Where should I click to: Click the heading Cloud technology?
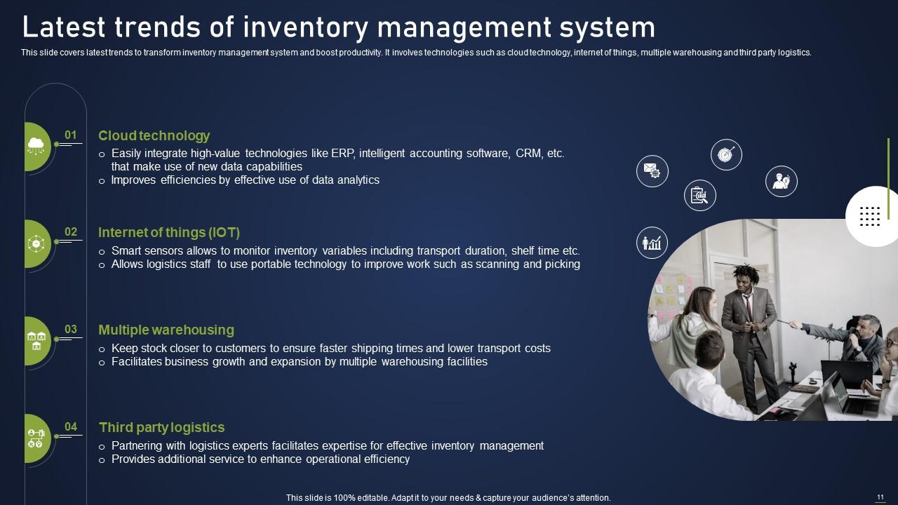tap(154, 136)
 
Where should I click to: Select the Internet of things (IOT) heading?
tap(169, 232)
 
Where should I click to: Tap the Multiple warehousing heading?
tap(166, 330)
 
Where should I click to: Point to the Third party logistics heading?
tap(161, 428)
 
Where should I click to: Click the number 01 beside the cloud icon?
tap(71, 135)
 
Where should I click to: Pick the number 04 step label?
tap(71, 426)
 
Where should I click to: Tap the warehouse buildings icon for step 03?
tap(36, 341)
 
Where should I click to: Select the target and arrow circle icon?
tap(726, 155)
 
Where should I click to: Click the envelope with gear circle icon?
tap(652, 171)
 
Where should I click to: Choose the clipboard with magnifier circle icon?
tap(700, 196)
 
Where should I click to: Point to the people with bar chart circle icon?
tap(652, 243)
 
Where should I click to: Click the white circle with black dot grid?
tap(872, 217)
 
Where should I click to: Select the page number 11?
tap(880, 497)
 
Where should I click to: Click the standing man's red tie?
tap(749, 307)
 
